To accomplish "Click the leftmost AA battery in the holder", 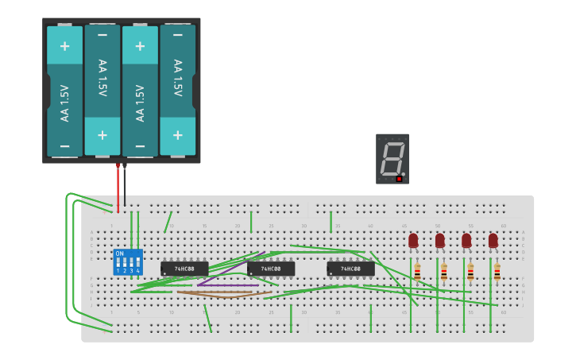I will pyautogui.click(x=64, y=91).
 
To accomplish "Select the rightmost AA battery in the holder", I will pyautogui.click(x=177, y=91).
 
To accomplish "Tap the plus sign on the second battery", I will pyautogui.click(x=102, y=134).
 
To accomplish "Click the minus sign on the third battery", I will pyautogui.click(x=140, y=147).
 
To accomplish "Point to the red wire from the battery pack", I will pyautogui.click(x=118, y=187).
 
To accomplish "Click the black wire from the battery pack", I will pyautogui.click(x=125, y=187).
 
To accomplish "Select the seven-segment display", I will pyautogui.click(x=392, y=158).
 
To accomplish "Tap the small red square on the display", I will pyautogui.click(x=399, y=179).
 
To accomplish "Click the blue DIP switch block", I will pyautogui.click(x=128, y=261).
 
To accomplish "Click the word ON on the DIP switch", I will pyautogui.click(x=120, y=254).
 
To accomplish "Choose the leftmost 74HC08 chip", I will pyautogui.click(x=184, y=269).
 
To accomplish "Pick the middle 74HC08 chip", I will pyautogui.click(x=270, y=269).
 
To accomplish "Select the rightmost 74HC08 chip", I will pyautogui.click(x=350, y=269).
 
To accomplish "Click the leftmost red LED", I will pyautogui.click(x=413, y=239).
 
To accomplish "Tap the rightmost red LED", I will pyautogui.click(x=493, y=239).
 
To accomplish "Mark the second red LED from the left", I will pyautogui.click(x=440, y=239).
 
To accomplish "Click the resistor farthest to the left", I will pyautogui.click(x=417, y=273).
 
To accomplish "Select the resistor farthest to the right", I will pyautogui.click(x=497, y=273).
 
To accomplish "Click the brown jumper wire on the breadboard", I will pyautogui.click(x=222, y=293).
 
